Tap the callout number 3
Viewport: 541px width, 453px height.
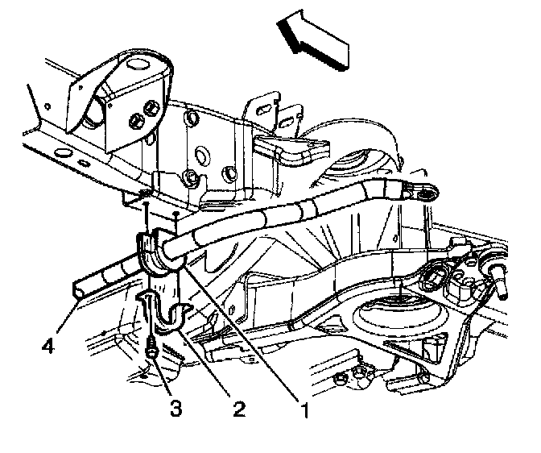pyautogui.click(x=176, y=408)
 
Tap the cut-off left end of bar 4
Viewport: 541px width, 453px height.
pyautogui.click(x=78, y=285)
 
